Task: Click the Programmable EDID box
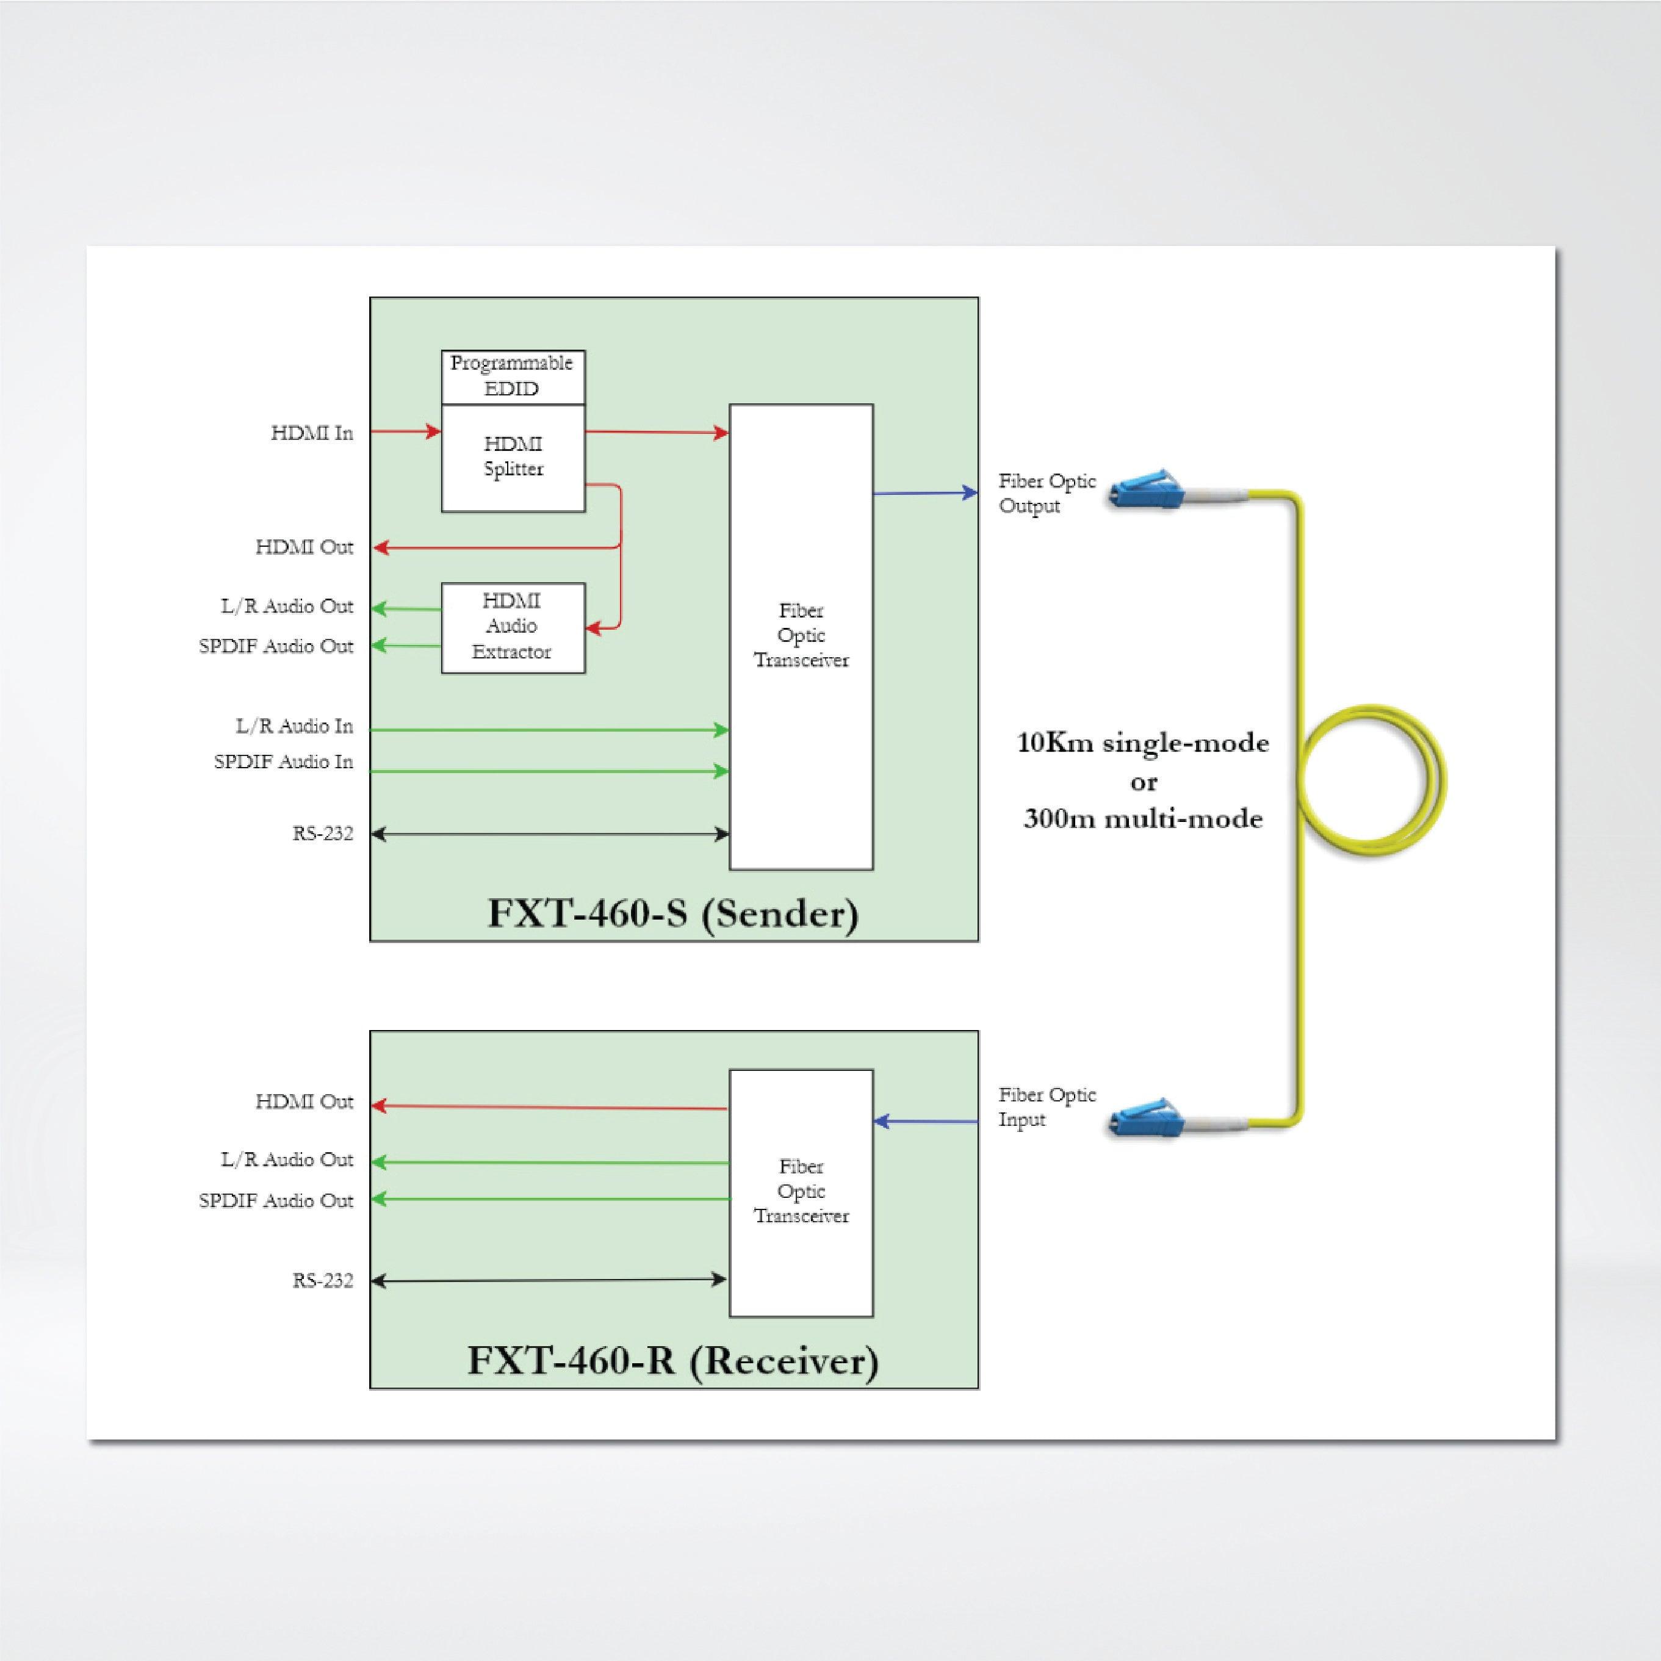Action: point(513,377)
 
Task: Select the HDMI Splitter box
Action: point(513,458)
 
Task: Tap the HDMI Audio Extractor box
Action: point(513,627)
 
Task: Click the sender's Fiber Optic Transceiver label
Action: point(801,635)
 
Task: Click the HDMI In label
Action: point(312,433)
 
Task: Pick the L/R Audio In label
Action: point(294,727)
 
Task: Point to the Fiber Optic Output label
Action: point(1047,494)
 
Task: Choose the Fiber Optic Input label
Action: point(1047,1108)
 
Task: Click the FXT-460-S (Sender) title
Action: point(673,913)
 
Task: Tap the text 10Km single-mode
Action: point(1142,743)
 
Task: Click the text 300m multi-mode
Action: point(1142,818)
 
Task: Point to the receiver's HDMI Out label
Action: point(304,1102)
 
